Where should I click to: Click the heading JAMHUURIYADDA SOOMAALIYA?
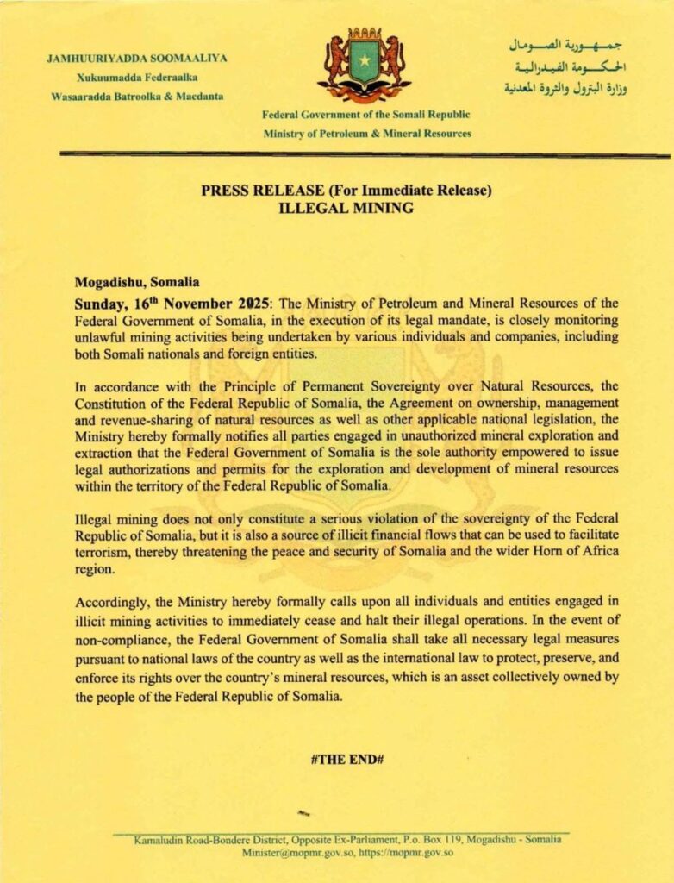click(137, 58)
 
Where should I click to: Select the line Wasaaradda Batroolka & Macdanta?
click(137, 96)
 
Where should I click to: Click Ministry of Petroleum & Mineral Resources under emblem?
click(368, 134)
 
